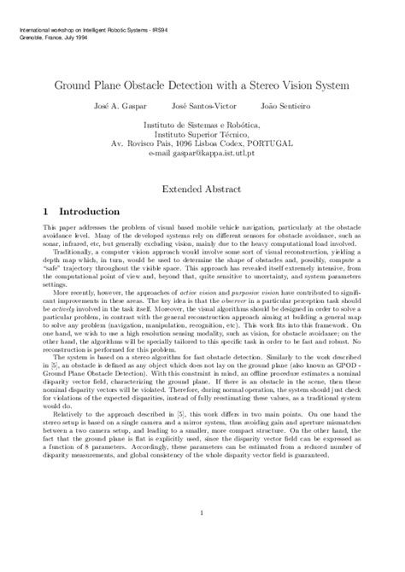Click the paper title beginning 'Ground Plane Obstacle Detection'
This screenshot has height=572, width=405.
point(202,86)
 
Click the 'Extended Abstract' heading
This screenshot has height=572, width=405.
point(202,184)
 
